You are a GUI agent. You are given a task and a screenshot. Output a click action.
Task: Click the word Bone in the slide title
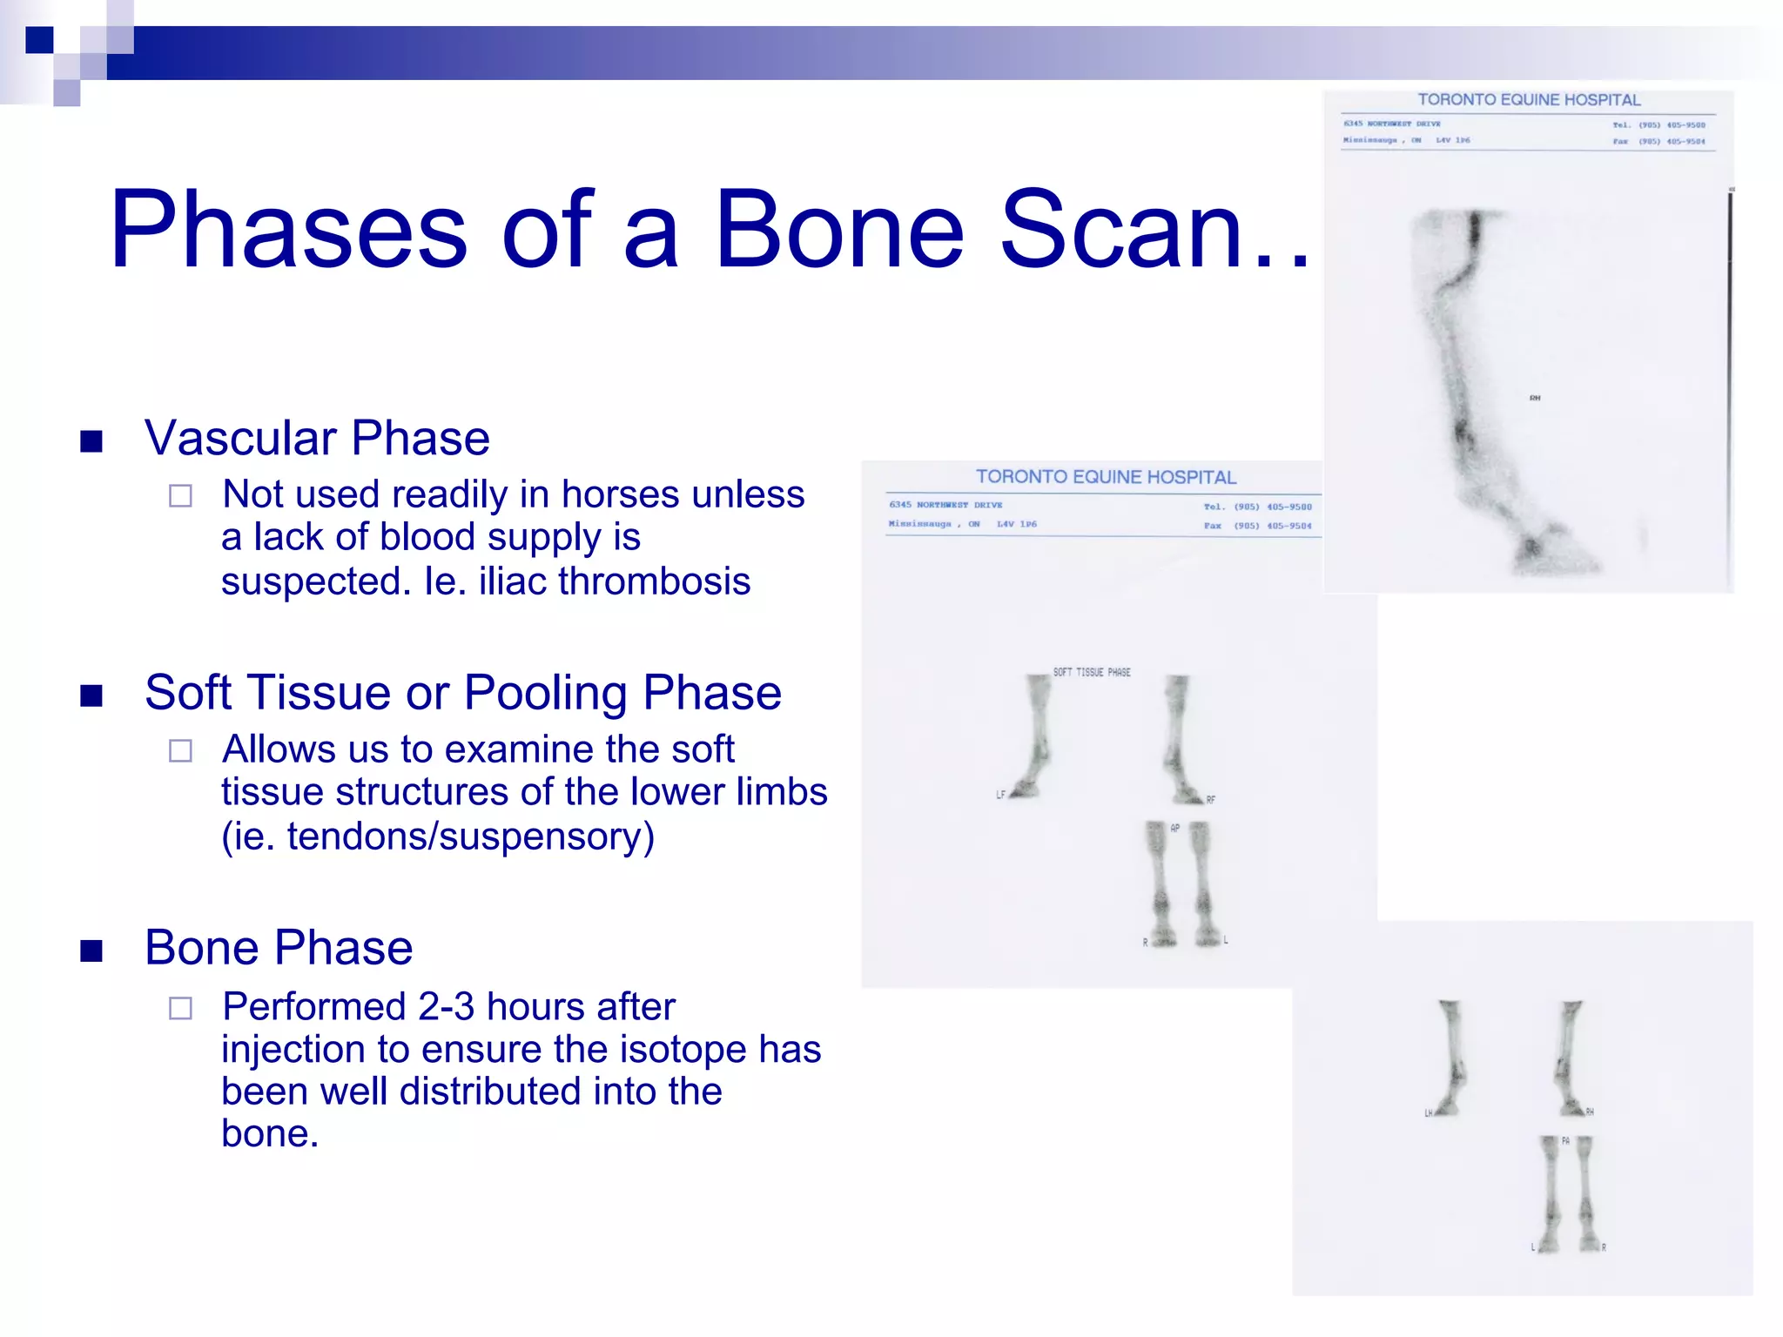838,230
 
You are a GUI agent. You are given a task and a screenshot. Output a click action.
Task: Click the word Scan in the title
1122,230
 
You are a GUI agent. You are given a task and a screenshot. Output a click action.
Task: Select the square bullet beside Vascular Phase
91,441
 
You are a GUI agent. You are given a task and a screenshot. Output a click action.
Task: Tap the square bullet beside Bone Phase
91,951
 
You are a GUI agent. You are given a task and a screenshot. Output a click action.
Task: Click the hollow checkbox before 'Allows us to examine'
180,751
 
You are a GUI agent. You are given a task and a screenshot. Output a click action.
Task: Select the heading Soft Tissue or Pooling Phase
462,693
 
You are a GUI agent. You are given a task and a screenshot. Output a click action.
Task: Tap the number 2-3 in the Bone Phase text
446,1007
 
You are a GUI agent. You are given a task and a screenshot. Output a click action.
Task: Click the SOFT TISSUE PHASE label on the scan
1092,672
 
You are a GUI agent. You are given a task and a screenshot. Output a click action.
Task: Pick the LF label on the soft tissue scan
1000,795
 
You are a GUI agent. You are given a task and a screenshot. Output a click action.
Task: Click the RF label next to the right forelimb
1210,799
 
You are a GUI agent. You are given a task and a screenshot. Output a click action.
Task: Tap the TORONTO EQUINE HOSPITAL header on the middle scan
1105,477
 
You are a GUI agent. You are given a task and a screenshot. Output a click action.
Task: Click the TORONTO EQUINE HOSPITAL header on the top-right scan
1528,100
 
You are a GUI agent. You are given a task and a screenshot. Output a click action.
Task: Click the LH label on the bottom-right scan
1428,1113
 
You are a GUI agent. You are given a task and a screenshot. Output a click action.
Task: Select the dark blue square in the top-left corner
39,40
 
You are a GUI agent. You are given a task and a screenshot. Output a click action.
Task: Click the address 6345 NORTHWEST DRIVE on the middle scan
945,505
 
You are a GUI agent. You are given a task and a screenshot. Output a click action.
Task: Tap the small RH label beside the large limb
1535,398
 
